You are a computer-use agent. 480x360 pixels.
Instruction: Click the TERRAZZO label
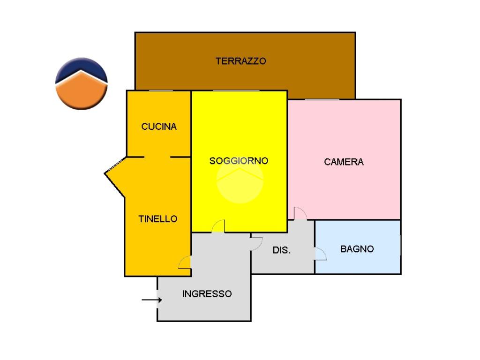click(x=240, y=61)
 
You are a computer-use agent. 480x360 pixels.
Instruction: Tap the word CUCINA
click(x=159, y=127)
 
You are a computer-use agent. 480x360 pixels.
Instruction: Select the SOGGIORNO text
click(x=239, y=161)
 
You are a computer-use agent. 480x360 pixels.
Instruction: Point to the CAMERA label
click(x=344, y=162)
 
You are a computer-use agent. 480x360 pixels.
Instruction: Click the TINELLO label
click(x=158, y=219)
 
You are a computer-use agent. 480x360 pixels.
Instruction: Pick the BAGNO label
click(x=357, y=249)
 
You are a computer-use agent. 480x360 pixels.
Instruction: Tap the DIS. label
click(x=282, y=250)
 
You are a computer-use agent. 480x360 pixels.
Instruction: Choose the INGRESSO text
click(x=207, y=294)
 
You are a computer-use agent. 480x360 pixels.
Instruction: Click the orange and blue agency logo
click(x=81, y=83)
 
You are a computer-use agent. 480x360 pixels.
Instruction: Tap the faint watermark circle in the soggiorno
click(x=240, y=180)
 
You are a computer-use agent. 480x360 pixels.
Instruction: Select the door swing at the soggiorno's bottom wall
click(x=218, y=226)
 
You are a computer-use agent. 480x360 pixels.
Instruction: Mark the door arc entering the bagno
click(x=321, y=254)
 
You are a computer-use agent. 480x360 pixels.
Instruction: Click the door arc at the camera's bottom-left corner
click(x=300, y=213)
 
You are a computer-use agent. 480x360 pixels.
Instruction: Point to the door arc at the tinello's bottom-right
click(x=185, y=262)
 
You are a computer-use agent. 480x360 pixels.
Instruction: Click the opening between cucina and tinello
click(x=157, y=157)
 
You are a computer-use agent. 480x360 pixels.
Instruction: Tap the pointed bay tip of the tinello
click(x=105, y=174)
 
